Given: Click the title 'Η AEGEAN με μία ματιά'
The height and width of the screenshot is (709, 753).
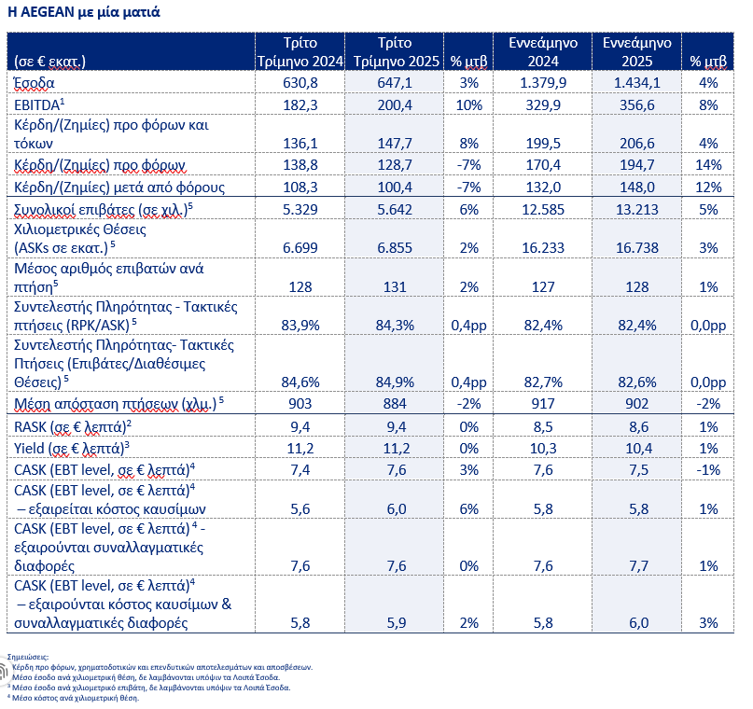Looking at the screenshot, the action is point(84,11).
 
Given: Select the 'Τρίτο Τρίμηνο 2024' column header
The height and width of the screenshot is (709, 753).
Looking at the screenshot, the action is point(300,52).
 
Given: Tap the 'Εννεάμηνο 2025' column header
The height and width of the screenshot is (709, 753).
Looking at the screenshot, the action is point(636,52).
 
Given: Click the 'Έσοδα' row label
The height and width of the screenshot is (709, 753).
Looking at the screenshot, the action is point(35,83).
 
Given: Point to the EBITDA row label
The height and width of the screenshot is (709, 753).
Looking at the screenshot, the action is point(39,104).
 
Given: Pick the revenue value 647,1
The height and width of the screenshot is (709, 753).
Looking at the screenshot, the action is point(395,83).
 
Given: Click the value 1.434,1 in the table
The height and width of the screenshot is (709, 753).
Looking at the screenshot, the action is point(636,83).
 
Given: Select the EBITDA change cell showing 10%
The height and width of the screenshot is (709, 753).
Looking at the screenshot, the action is point(468,105).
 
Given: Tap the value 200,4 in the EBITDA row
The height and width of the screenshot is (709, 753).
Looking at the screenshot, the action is point(395,105).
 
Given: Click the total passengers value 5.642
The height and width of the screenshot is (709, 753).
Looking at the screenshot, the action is point(395,210).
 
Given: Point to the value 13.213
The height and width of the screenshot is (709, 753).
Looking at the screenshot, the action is point(636,210).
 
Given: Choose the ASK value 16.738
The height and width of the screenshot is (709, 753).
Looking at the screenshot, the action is point(636,248).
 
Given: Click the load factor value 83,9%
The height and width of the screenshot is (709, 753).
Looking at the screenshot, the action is point(300,326).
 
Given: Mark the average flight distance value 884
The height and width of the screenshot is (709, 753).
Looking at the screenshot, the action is point(395,404).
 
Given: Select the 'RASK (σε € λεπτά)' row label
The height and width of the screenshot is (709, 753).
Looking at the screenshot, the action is point(73,426).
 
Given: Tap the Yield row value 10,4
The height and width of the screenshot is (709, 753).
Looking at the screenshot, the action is point(639,449).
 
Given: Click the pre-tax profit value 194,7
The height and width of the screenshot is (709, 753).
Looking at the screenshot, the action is point(636,165).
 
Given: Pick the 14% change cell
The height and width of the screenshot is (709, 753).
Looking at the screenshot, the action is point(708,165).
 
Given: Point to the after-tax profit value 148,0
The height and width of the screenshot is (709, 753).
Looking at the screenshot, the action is point(636,188).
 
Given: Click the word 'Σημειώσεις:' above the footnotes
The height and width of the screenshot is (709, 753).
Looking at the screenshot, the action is point(28,657).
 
